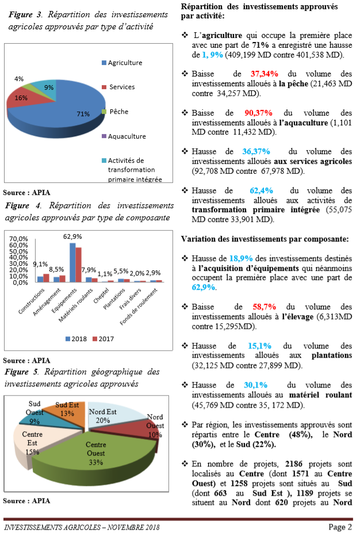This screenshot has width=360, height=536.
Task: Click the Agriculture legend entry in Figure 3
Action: coord(125,63)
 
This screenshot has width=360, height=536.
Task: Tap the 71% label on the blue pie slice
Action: coord(83,114)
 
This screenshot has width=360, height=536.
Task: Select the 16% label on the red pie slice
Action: coord(21,98)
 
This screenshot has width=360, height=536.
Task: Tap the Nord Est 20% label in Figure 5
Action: coord(102,416)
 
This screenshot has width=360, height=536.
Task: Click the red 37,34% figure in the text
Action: coord(264,74)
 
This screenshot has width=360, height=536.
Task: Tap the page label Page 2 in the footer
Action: coord(340,527)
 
